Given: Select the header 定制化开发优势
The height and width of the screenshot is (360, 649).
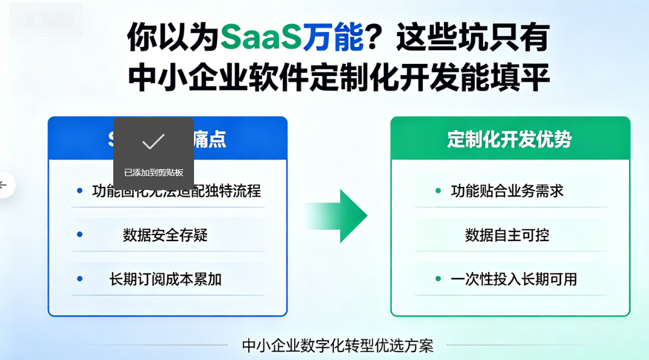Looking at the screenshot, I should pos(509,139).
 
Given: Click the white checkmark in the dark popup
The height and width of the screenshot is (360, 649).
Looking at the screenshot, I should pos(153,142).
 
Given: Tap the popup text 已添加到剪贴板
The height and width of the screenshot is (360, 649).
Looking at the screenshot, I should pos(153,172).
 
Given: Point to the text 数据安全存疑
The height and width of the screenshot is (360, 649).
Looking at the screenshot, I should pos(165,235).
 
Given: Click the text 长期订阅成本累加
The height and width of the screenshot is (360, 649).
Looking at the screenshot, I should pos(165,279).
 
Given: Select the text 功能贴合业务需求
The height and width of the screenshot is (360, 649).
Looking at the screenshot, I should pos(507,191).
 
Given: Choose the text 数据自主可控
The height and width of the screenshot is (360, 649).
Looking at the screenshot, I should pos(507,235).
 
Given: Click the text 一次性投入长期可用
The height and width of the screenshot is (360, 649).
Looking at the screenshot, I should pos(514,279).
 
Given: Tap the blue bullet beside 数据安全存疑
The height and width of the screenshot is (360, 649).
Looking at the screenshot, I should pos(80,235).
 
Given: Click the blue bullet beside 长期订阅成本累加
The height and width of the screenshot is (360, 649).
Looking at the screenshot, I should pos(80,279).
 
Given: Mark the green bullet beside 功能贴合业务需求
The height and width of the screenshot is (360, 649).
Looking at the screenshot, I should pos(438,191).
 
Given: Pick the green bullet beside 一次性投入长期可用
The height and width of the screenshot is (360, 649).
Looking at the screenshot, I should pos(438,279).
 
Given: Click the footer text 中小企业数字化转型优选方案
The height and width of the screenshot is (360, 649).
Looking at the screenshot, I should pos(337,346).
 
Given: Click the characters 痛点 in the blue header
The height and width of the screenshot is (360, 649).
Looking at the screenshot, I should pos(210,139).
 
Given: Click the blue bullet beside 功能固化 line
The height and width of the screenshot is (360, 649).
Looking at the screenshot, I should pos(80,191).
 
